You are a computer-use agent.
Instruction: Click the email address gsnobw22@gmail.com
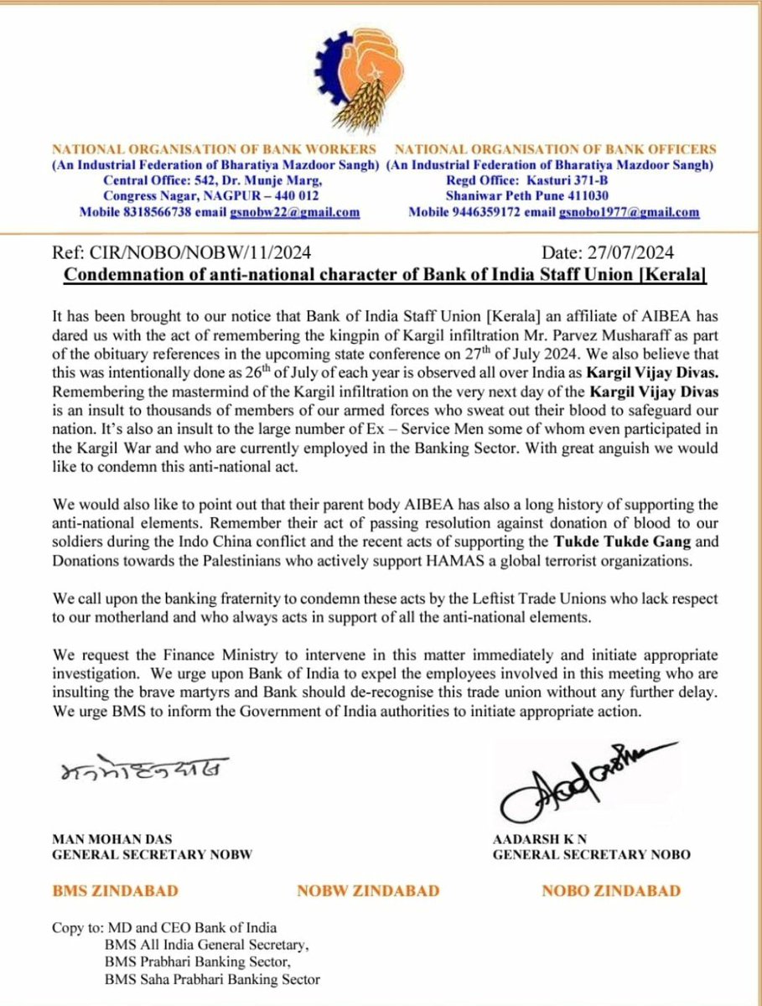click(295, 212)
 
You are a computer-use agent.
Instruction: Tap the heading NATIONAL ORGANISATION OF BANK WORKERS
click(215, 149)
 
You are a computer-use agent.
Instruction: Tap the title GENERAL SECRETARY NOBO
click(592, 854)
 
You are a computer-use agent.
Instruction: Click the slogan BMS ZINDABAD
click(115, 891)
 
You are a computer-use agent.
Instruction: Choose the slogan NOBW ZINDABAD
click(368, 891)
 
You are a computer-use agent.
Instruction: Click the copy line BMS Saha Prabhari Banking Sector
click(210, 977)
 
